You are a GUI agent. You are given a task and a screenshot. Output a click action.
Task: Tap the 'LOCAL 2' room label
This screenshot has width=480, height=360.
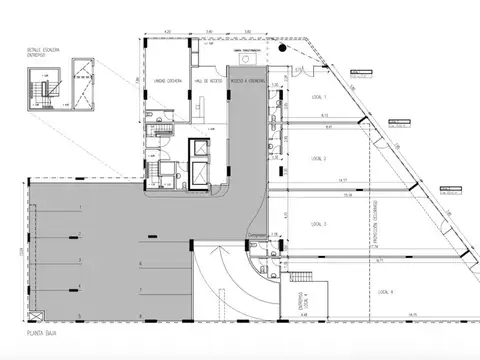coord(319,158)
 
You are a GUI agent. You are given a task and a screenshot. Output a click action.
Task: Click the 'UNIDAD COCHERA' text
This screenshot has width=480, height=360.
coord(166,83)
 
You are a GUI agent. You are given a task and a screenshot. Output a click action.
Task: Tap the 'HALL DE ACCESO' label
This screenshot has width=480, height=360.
coord(208,83)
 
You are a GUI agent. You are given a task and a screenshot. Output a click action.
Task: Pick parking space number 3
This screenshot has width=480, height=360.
coord(79,261)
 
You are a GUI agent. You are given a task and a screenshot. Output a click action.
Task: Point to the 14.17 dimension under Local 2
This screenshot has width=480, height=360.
coord(343,181)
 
